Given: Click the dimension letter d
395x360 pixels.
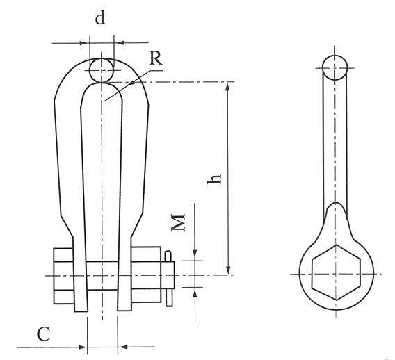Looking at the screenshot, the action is point(100,18).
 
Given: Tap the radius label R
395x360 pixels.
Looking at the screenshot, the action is point(156,58).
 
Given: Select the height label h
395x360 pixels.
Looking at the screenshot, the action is point(215,179).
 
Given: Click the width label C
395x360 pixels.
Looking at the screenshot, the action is point(43,334).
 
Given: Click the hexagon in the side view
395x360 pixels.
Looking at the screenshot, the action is point(336,272).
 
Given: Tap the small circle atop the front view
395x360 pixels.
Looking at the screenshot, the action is point(102,70).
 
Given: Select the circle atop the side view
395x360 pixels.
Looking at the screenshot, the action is point(334,67).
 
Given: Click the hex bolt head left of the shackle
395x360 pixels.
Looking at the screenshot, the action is point(63,276).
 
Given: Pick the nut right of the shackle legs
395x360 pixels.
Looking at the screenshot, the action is point(146,275).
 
